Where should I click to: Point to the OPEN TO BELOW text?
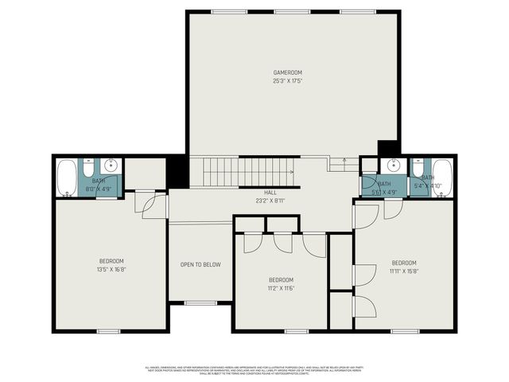coord(200,265)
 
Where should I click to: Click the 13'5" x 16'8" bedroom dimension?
coord(111,269)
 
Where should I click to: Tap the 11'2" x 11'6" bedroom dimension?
coord(281,288)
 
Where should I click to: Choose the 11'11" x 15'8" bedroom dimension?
coord(403,271)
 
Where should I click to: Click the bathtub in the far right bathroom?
coord(441,177)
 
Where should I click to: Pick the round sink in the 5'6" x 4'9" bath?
coord(390,166)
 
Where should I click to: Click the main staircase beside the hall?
coord(247,171)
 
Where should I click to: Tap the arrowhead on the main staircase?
coord(293,171)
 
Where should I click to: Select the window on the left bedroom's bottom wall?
coord(108,330)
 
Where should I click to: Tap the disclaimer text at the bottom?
coord(254,369)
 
